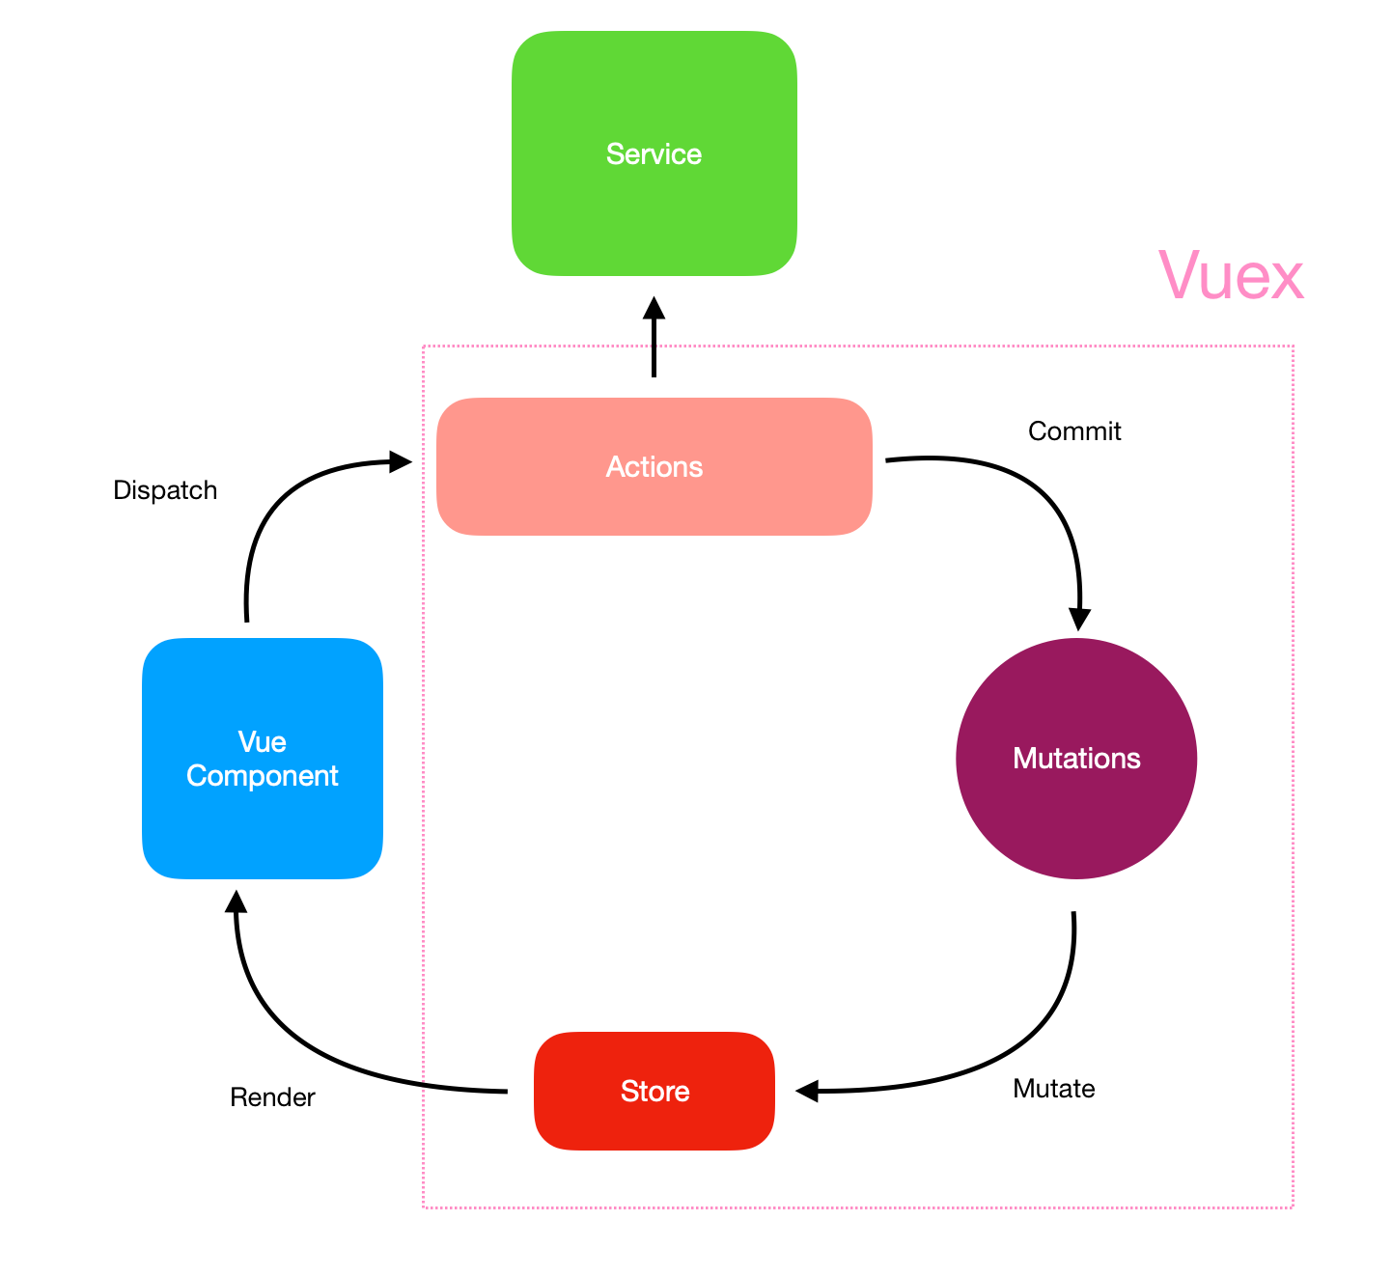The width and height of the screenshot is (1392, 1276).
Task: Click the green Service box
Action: (x=654, y=153)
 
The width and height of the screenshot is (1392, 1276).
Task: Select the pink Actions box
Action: (x=654, y=466)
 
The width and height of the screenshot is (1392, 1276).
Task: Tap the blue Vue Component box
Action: (x=262, y=759)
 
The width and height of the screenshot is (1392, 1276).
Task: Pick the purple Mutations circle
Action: (x=1076, y=759)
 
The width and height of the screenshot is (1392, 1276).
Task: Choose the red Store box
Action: (x=654, y=1091)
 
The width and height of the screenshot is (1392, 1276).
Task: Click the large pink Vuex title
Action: (x=1231, y=276)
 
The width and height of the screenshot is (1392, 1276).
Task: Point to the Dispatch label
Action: (x=165, y=490)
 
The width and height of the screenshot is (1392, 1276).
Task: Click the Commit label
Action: (x=1074, y=431)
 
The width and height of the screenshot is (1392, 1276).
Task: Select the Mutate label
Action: (x=1053, y=1089)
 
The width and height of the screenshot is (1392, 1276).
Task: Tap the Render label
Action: (x=272, y=1097)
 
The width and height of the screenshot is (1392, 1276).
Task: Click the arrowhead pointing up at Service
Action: (x=654, y=308)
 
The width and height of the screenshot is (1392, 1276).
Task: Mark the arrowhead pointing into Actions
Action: (x=400, y=461)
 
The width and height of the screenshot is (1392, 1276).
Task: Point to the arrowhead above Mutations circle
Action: (x=1079, y=619)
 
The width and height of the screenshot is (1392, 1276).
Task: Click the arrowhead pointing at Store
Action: (x=808, y=1091)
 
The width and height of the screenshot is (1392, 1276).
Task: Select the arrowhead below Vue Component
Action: (x=236, y=902)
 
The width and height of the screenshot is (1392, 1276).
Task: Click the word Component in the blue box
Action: (x=262, y=776)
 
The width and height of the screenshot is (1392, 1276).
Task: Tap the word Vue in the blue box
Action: (x=262, y=741)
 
